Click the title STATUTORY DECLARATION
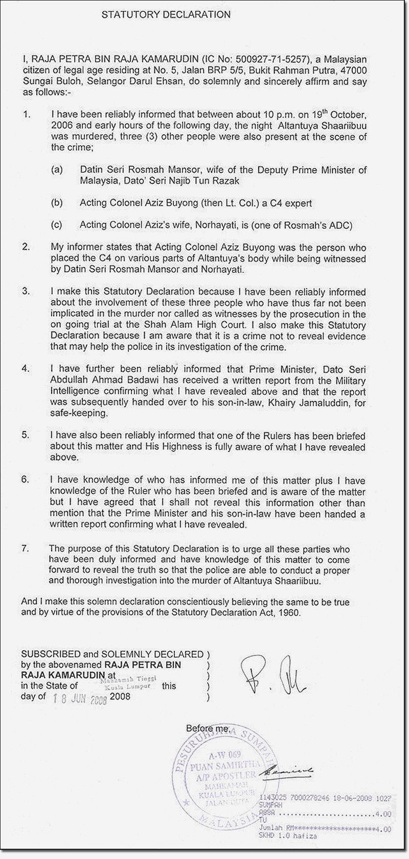[x=166, y=14]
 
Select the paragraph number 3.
[x=26, y=291]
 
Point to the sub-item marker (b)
[x=56, y=203]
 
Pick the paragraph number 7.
[x=26, y=548]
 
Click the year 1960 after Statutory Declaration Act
[x=290, y=613]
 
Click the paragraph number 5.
[x=26, y=436]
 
